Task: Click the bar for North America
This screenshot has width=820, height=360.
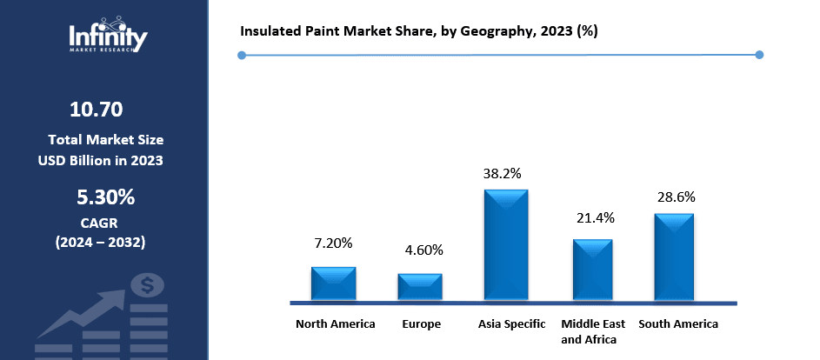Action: coord(334,283)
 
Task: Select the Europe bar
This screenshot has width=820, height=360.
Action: coord(420,287)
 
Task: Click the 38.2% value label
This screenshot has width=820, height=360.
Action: coord(502,173)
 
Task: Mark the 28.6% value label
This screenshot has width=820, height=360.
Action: coord(675,197)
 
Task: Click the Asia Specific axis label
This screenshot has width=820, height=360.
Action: coord(512,324)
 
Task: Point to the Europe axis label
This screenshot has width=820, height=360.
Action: coord(421,324)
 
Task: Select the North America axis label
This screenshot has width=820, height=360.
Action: coord(336,324)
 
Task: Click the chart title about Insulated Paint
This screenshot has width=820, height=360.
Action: coord(418,30)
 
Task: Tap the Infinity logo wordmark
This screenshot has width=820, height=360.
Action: coord(108,37)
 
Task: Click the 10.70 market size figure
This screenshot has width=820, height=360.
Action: coord(96,110)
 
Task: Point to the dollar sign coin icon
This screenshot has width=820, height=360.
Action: coord(147,285)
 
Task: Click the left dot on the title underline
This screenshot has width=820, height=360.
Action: coord(242,55)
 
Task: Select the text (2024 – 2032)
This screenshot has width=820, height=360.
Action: coord(101,241)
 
